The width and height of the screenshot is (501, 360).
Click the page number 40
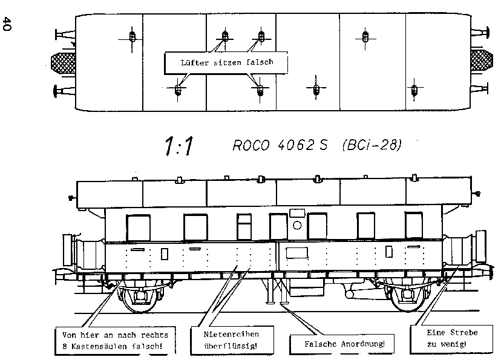click(7, 24)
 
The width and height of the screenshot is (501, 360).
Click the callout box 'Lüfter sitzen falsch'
click(226, 62)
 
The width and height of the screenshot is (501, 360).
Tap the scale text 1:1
click(179, 146)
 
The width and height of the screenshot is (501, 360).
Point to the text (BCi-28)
click(372, 145)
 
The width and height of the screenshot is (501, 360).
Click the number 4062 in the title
click(296, 145)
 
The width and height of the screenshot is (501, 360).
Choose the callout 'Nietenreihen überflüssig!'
click(232, 340)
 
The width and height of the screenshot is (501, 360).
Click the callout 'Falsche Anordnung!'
click(342, 344)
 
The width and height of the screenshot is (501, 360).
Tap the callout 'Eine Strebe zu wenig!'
click(451, 339)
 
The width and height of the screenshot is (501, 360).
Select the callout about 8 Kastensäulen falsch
click(115, 341)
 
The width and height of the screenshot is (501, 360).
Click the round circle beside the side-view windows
click(297, 226)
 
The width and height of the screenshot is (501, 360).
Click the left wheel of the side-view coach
click(140, 298)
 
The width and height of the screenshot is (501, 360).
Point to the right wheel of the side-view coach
click(408, 297)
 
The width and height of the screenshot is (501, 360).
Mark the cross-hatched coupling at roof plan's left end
click(64, 62)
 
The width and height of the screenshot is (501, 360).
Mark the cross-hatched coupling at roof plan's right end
click(480, 61)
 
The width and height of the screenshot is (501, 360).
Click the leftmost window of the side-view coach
click(139, 227)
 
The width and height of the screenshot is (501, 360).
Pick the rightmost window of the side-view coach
click(414, 225)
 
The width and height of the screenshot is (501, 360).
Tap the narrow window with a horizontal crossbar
click(244, 227)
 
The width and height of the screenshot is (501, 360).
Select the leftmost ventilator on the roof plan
click(133, 37)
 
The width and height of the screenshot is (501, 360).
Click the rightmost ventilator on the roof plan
click(414, 90)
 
